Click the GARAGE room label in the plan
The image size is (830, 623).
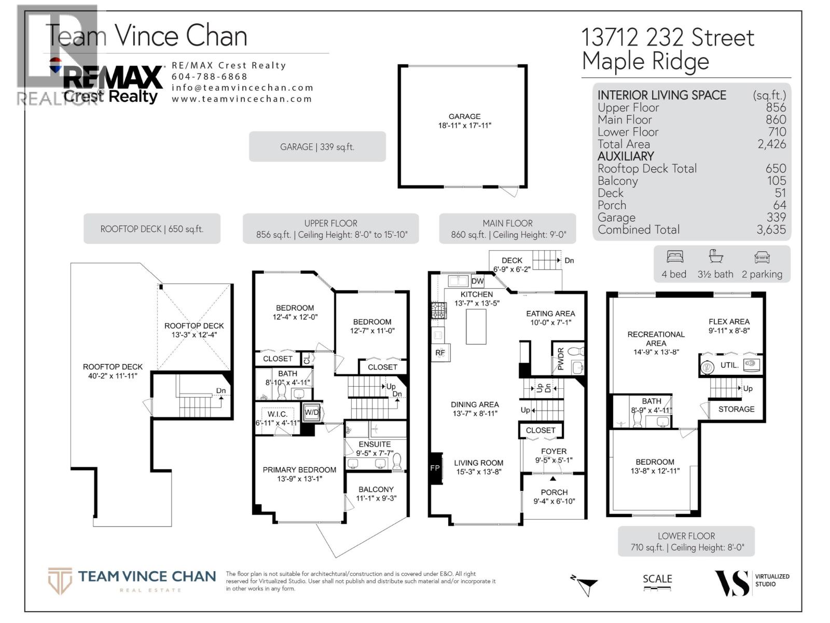464,116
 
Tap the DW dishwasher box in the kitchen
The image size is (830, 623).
477,281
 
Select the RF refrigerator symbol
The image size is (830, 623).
440,353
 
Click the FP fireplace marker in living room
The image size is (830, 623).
435,468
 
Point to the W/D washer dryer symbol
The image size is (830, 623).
312,412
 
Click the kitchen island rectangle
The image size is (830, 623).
476,327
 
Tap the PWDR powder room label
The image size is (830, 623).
560,359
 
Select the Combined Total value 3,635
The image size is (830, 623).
771,229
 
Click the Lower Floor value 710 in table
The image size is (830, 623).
777,132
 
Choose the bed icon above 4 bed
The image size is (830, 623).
674,256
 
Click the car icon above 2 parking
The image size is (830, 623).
762,256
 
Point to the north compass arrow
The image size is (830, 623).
586,585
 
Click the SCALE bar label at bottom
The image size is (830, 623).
657,579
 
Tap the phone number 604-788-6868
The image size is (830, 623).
210,76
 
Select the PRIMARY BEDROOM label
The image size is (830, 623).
299,470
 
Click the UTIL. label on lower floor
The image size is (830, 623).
729,365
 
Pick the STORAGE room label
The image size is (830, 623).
736,409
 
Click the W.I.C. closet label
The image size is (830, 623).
277,414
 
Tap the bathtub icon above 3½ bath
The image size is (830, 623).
716,256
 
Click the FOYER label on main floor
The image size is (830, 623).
554,451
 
